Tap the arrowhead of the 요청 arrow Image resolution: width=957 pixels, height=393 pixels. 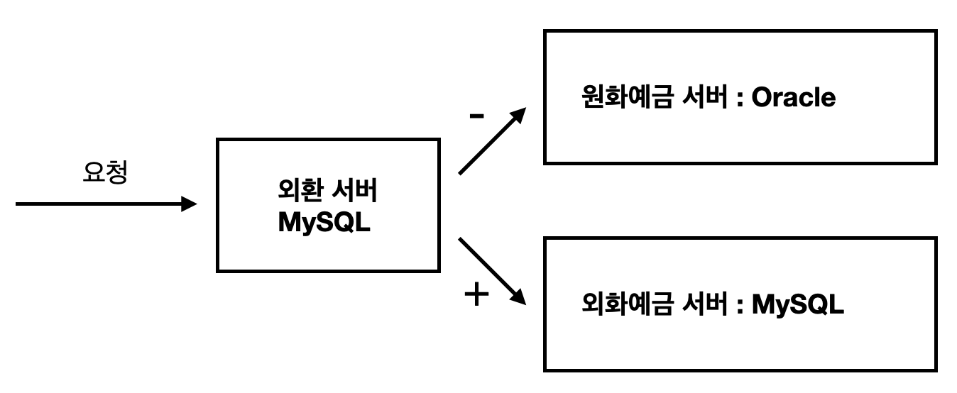[x=189, y=204]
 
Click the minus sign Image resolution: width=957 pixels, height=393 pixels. [x=477, y=117]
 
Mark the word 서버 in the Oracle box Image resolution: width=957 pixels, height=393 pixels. [x=701, y=98]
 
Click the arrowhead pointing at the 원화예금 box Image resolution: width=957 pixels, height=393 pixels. [x=520, y=115]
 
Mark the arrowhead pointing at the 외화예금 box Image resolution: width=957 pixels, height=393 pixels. [x=520, y=298]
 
